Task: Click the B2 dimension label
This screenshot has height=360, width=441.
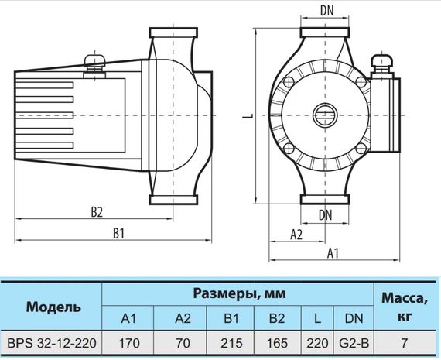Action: pyautogui.click(x=97, y=212)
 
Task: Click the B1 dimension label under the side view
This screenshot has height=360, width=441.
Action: pyautogui.click(x=118, y=233)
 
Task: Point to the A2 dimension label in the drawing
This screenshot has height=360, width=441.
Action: pyautogui.click(x=296, y=235)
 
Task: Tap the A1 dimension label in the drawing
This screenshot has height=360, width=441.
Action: pyautogui.click(x=333, y=253)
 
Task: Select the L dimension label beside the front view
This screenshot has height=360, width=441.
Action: pyautogui.click(x=248, y=115)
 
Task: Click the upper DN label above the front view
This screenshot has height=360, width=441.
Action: pyautogui.click(x=326, y=11)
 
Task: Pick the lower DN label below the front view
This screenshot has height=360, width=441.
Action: pyautogui.click(x=326, y=215)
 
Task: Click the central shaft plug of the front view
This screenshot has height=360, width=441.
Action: pyautogui.click(x=325, y=115)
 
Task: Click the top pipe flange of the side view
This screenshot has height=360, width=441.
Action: pyautogui.click(x=173, y=33)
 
